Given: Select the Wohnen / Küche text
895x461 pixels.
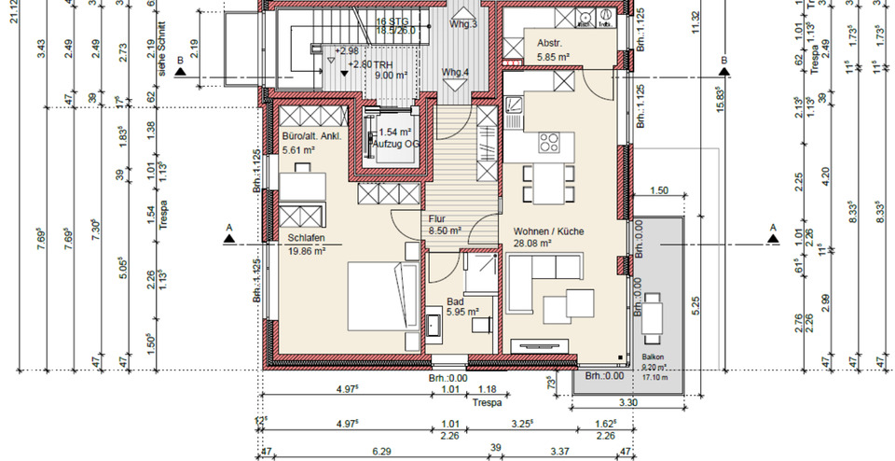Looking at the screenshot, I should (549, 230).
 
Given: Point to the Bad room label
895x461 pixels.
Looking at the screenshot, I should (454, 301).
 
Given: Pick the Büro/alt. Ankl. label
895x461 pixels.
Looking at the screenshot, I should (311, 135).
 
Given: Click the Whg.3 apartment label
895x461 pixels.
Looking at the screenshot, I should (462, 23).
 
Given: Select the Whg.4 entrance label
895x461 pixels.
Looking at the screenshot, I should (456, 72).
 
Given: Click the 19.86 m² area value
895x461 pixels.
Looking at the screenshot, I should (307, 250).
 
